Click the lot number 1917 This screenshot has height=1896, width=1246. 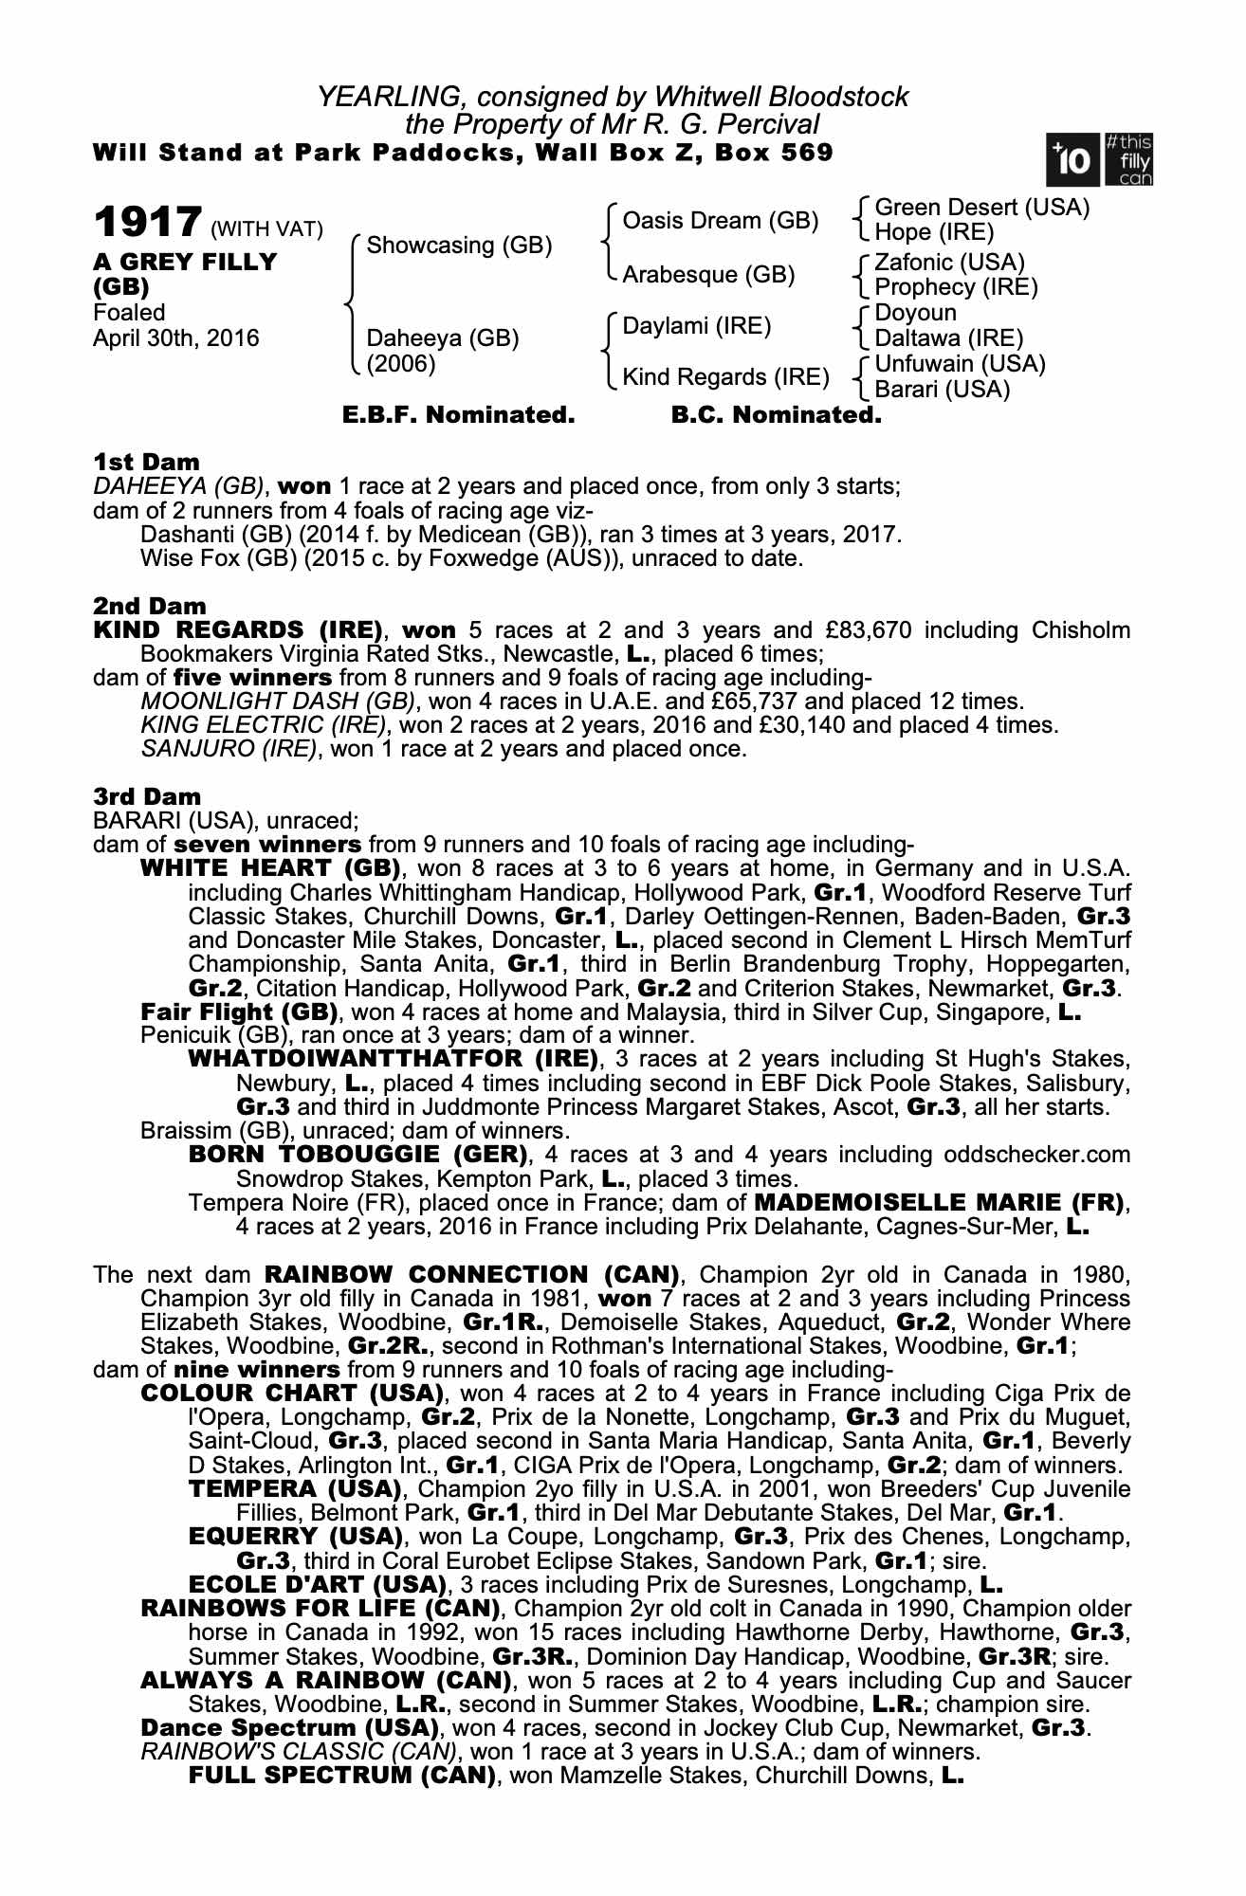click(146, 223)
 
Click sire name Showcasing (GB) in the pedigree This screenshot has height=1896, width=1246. click(459, 246)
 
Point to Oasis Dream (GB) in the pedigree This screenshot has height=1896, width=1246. click(720, 221)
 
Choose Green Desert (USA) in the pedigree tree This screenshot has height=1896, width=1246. click(981, 208)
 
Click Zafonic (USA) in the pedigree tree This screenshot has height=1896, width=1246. click(949, 263)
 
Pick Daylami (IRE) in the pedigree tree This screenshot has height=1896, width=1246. click(696, 326)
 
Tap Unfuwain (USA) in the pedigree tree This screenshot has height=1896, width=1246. click(960, 364)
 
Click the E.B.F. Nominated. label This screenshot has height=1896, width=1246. click(458, 415)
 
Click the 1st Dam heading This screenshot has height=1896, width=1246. click(146, 463)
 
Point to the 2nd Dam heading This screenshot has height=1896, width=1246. click(149, 606)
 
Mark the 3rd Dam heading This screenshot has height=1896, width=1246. click(147, 797)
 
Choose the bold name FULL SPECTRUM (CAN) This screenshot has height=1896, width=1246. click(342, 1776)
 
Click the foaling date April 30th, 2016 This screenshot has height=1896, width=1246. click(175, 338)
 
